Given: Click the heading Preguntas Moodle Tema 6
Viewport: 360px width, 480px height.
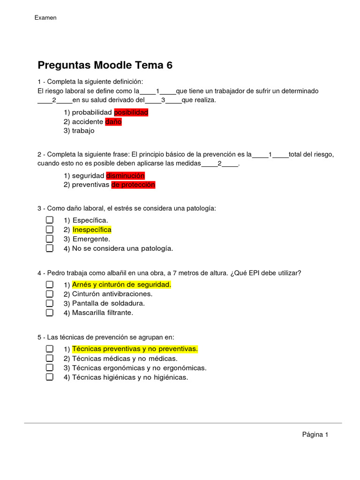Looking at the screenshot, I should tap(105, 65).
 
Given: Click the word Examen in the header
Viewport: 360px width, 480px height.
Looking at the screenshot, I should tap(45, 18).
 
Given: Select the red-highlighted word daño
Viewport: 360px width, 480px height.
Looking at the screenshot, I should tap(113, 122).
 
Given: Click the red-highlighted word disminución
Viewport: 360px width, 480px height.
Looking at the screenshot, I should tap(125, 176).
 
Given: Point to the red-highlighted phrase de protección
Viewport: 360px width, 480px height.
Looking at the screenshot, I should tap(133, 185).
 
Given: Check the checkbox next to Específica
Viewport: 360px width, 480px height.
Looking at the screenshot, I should tap(49, 220).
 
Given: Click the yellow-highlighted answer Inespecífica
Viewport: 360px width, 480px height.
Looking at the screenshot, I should tap(92, 230).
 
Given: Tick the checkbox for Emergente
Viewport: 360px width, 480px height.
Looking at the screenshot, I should tap(49, 239).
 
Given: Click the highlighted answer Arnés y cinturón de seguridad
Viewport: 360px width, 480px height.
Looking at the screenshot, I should tap(122, 285).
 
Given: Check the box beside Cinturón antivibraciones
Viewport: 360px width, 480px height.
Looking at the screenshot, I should tap(49, 294).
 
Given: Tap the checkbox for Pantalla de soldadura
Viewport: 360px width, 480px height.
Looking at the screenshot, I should tap(49, 303).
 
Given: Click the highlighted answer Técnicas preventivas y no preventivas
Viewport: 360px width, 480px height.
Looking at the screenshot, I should tap(135, 349).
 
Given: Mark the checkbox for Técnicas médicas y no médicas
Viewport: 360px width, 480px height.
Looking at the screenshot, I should tap(49, 358).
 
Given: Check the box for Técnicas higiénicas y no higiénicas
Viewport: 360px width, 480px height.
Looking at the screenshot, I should tap(49, 377).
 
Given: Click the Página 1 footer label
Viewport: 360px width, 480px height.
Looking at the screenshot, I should tap(315, 435).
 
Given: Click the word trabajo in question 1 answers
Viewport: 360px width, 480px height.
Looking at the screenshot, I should tap(83, 131).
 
